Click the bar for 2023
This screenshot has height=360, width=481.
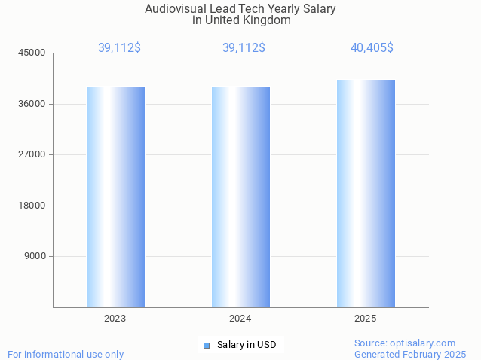click(x=115, y=197)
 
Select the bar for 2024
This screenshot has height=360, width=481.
click(x=240, y=197)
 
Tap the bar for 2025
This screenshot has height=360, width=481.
click(x=366, y=194)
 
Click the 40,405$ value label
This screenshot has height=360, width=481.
click(x=372, y=47)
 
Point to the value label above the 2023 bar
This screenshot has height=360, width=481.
click(x=119, y=47)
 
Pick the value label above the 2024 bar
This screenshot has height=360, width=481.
click(x=244, y=47)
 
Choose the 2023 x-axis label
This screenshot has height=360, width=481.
click(x=115, y=319)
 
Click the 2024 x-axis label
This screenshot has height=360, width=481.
click(x=240, y=319)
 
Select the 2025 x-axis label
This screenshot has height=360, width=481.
click(x=366, y=319)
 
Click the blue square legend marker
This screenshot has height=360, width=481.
click(x=207, y=346)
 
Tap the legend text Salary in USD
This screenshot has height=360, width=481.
click(x=247, y=345)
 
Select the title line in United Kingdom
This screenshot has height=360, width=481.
click(x=240, y=20)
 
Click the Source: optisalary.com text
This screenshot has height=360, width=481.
click(x=405, y=343)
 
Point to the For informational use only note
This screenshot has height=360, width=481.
click(x=66, y=354)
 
